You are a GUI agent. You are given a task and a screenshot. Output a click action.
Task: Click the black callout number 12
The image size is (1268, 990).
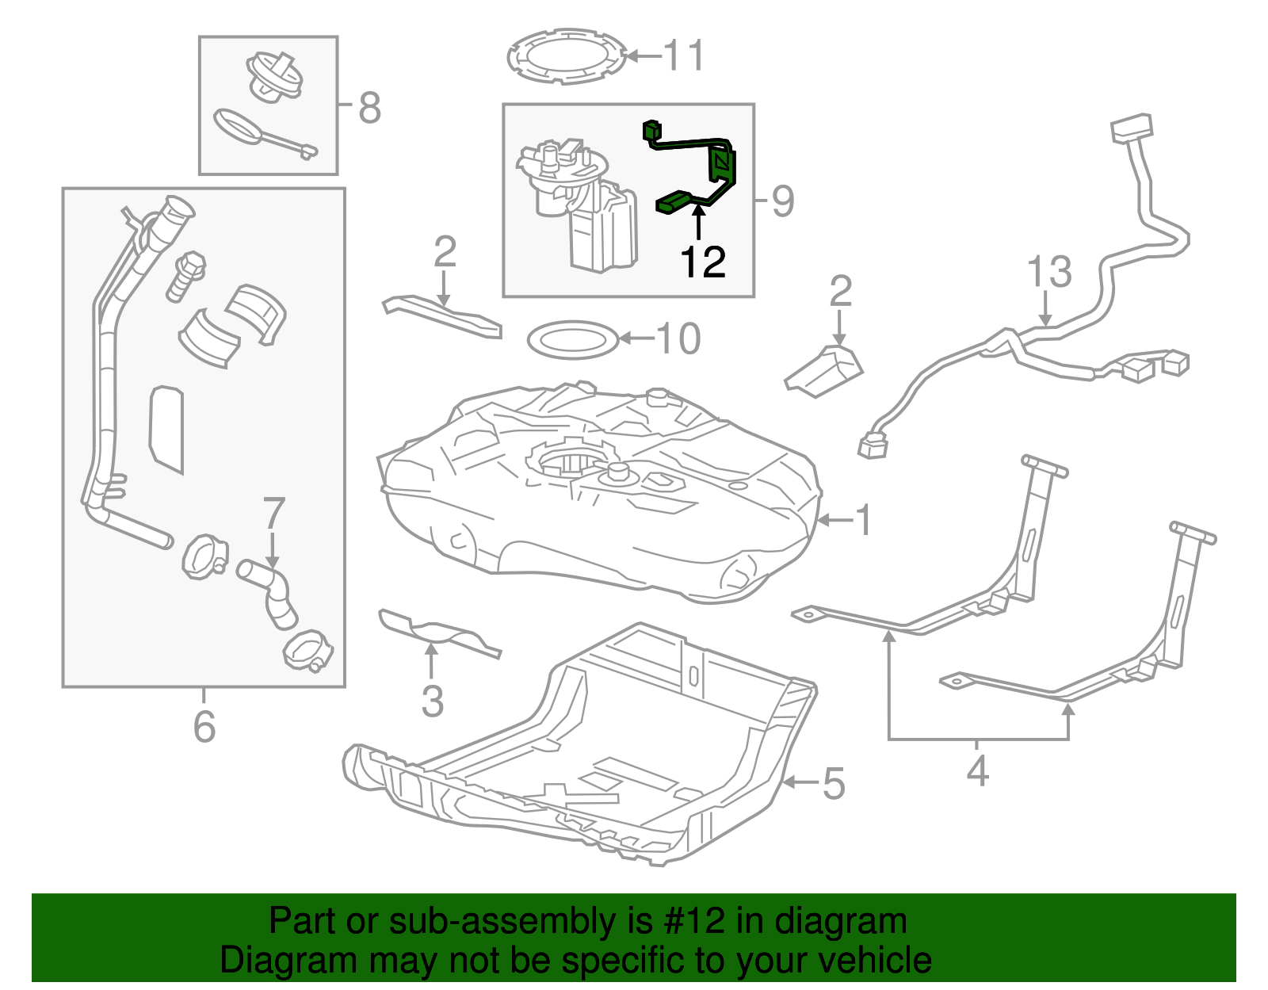(x=703, y=262)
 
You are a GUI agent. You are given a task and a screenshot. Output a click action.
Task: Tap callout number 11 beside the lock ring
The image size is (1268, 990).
(x=683, y=56)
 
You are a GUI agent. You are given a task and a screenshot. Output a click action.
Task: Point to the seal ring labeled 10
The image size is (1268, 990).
(x=572, y=339)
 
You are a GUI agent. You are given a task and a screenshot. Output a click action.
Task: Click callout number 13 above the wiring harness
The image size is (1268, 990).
(x=1049, y=272)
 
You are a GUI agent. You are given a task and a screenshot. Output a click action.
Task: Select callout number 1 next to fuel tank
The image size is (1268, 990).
(x=862, y=521)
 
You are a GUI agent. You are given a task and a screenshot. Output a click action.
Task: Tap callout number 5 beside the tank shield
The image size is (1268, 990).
(x=834, y=783)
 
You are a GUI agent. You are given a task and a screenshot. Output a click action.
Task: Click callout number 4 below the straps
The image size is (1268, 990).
(x=978, y=770)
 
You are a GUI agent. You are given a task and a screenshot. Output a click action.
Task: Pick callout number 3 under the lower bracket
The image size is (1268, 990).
(x=432, y=701)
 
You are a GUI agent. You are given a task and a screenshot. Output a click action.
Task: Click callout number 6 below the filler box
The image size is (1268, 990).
(x=204, y=726)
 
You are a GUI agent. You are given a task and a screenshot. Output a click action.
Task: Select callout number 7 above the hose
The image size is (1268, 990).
(x=273, y=514)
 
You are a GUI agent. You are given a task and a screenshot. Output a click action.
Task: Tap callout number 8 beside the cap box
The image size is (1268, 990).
(x=369, y=108)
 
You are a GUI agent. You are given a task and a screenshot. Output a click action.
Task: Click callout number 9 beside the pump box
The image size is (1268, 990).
(x=782, y=201)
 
